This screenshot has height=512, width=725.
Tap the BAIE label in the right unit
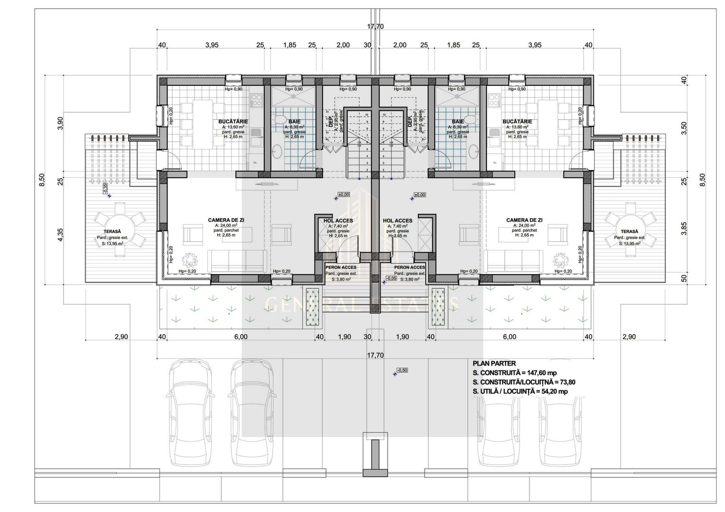pyautogui.click(x=458, y=121)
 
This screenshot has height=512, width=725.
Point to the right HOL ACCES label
pyautogui.click(x=397, y=220)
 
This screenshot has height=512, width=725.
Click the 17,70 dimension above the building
pyautogui.click(x=375, y=27)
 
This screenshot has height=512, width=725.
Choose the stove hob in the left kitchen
pyautogui.click(x=257, y=100)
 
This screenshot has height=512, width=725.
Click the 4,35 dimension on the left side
pyautogui.click(x=60, y=235)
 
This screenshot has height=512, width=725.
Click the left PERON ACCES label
pyautogui.click(x=341, y=267)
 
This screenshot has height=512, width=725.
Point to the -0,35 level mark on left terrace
pyautogui.click(x=105, y=188)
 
